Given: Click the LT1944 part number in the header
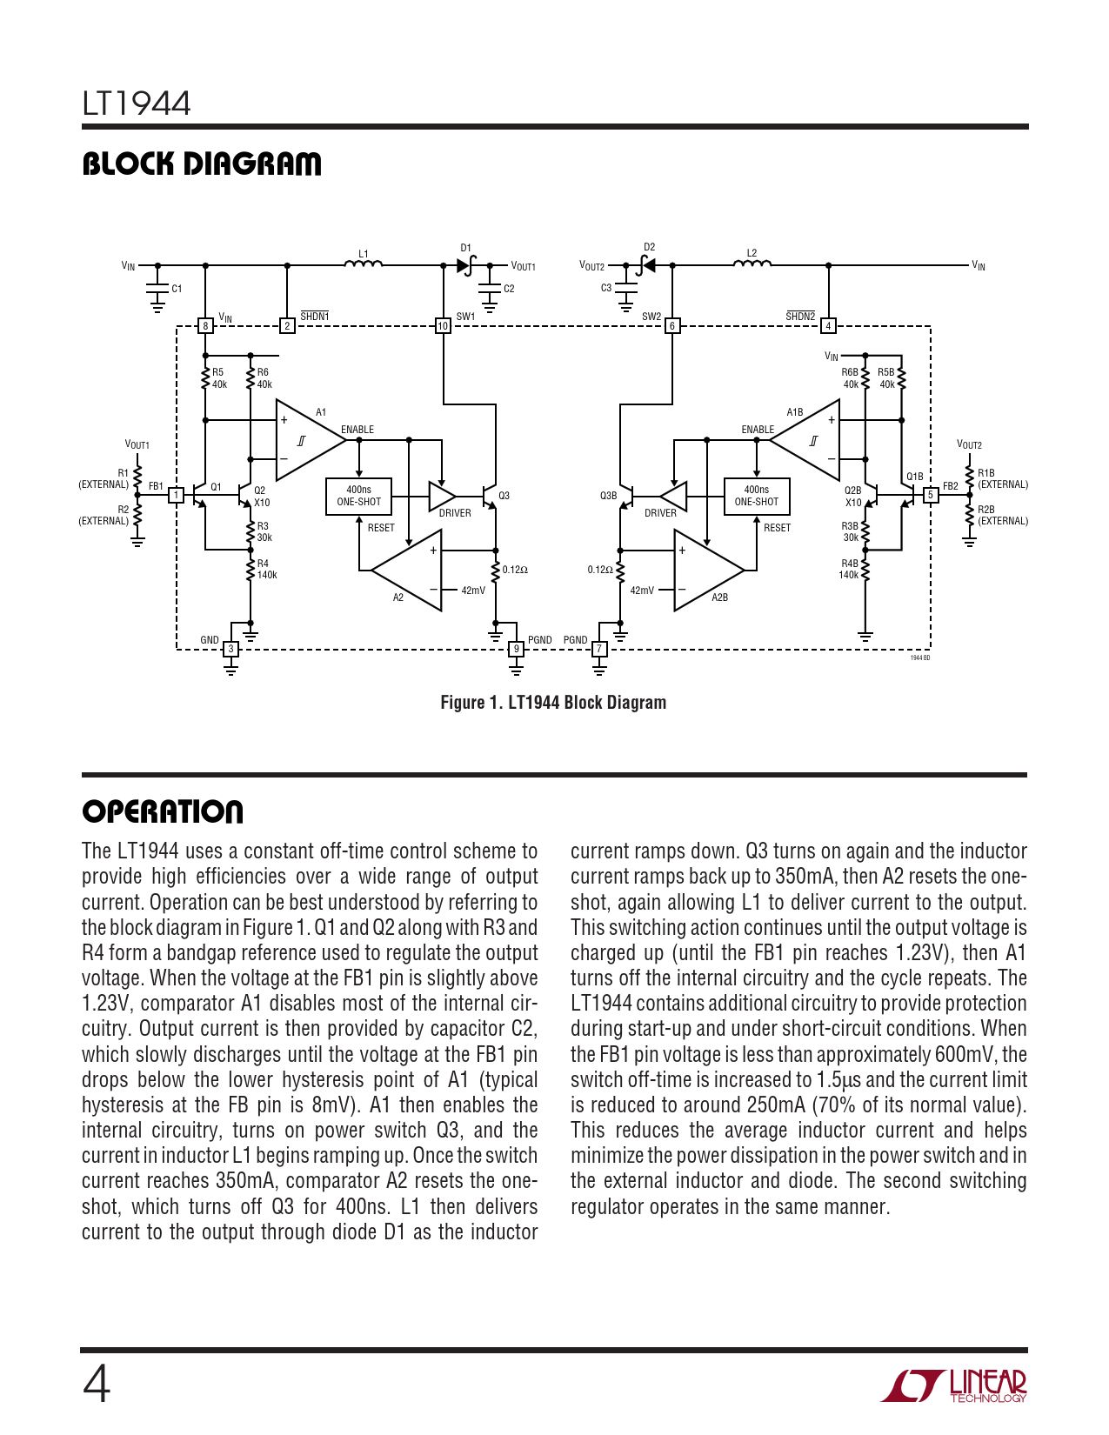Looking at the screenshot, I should point(137,103).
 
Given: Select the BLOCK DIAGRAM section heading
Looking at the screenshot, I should point(201,164).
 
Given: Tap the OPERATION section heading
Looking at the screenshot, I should point(163,811).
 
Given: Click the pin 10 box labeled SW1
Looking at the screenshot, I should point(443,326).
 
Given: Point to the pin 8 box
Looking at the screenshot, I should point(205,326).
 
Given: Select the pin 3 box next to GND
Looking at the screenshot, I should point(230,649).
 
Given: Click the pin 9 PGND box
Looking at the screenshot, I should point(516,649).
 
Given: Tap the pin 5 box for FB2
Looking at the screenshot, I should point(930,495).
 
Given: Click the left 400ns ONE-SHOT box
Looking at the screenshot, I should point(358,496).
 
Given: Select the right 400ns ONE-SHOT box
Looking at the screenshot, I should point(756,496).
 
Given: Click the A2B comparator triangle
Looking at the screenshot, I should point(706,571).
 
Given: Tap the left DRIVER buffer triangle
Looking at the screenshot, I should point(441,496).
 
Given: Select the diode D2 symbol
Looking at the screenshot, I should point(647,265).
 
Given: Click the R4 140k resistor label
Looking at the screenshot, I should point(265,570).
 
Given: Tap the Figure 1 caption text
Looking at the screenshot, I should point(553,703).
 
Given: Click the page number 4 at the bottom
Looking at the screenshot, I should point(97,1385).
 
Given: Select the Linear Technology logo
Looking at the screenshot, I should point(954,1385).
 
